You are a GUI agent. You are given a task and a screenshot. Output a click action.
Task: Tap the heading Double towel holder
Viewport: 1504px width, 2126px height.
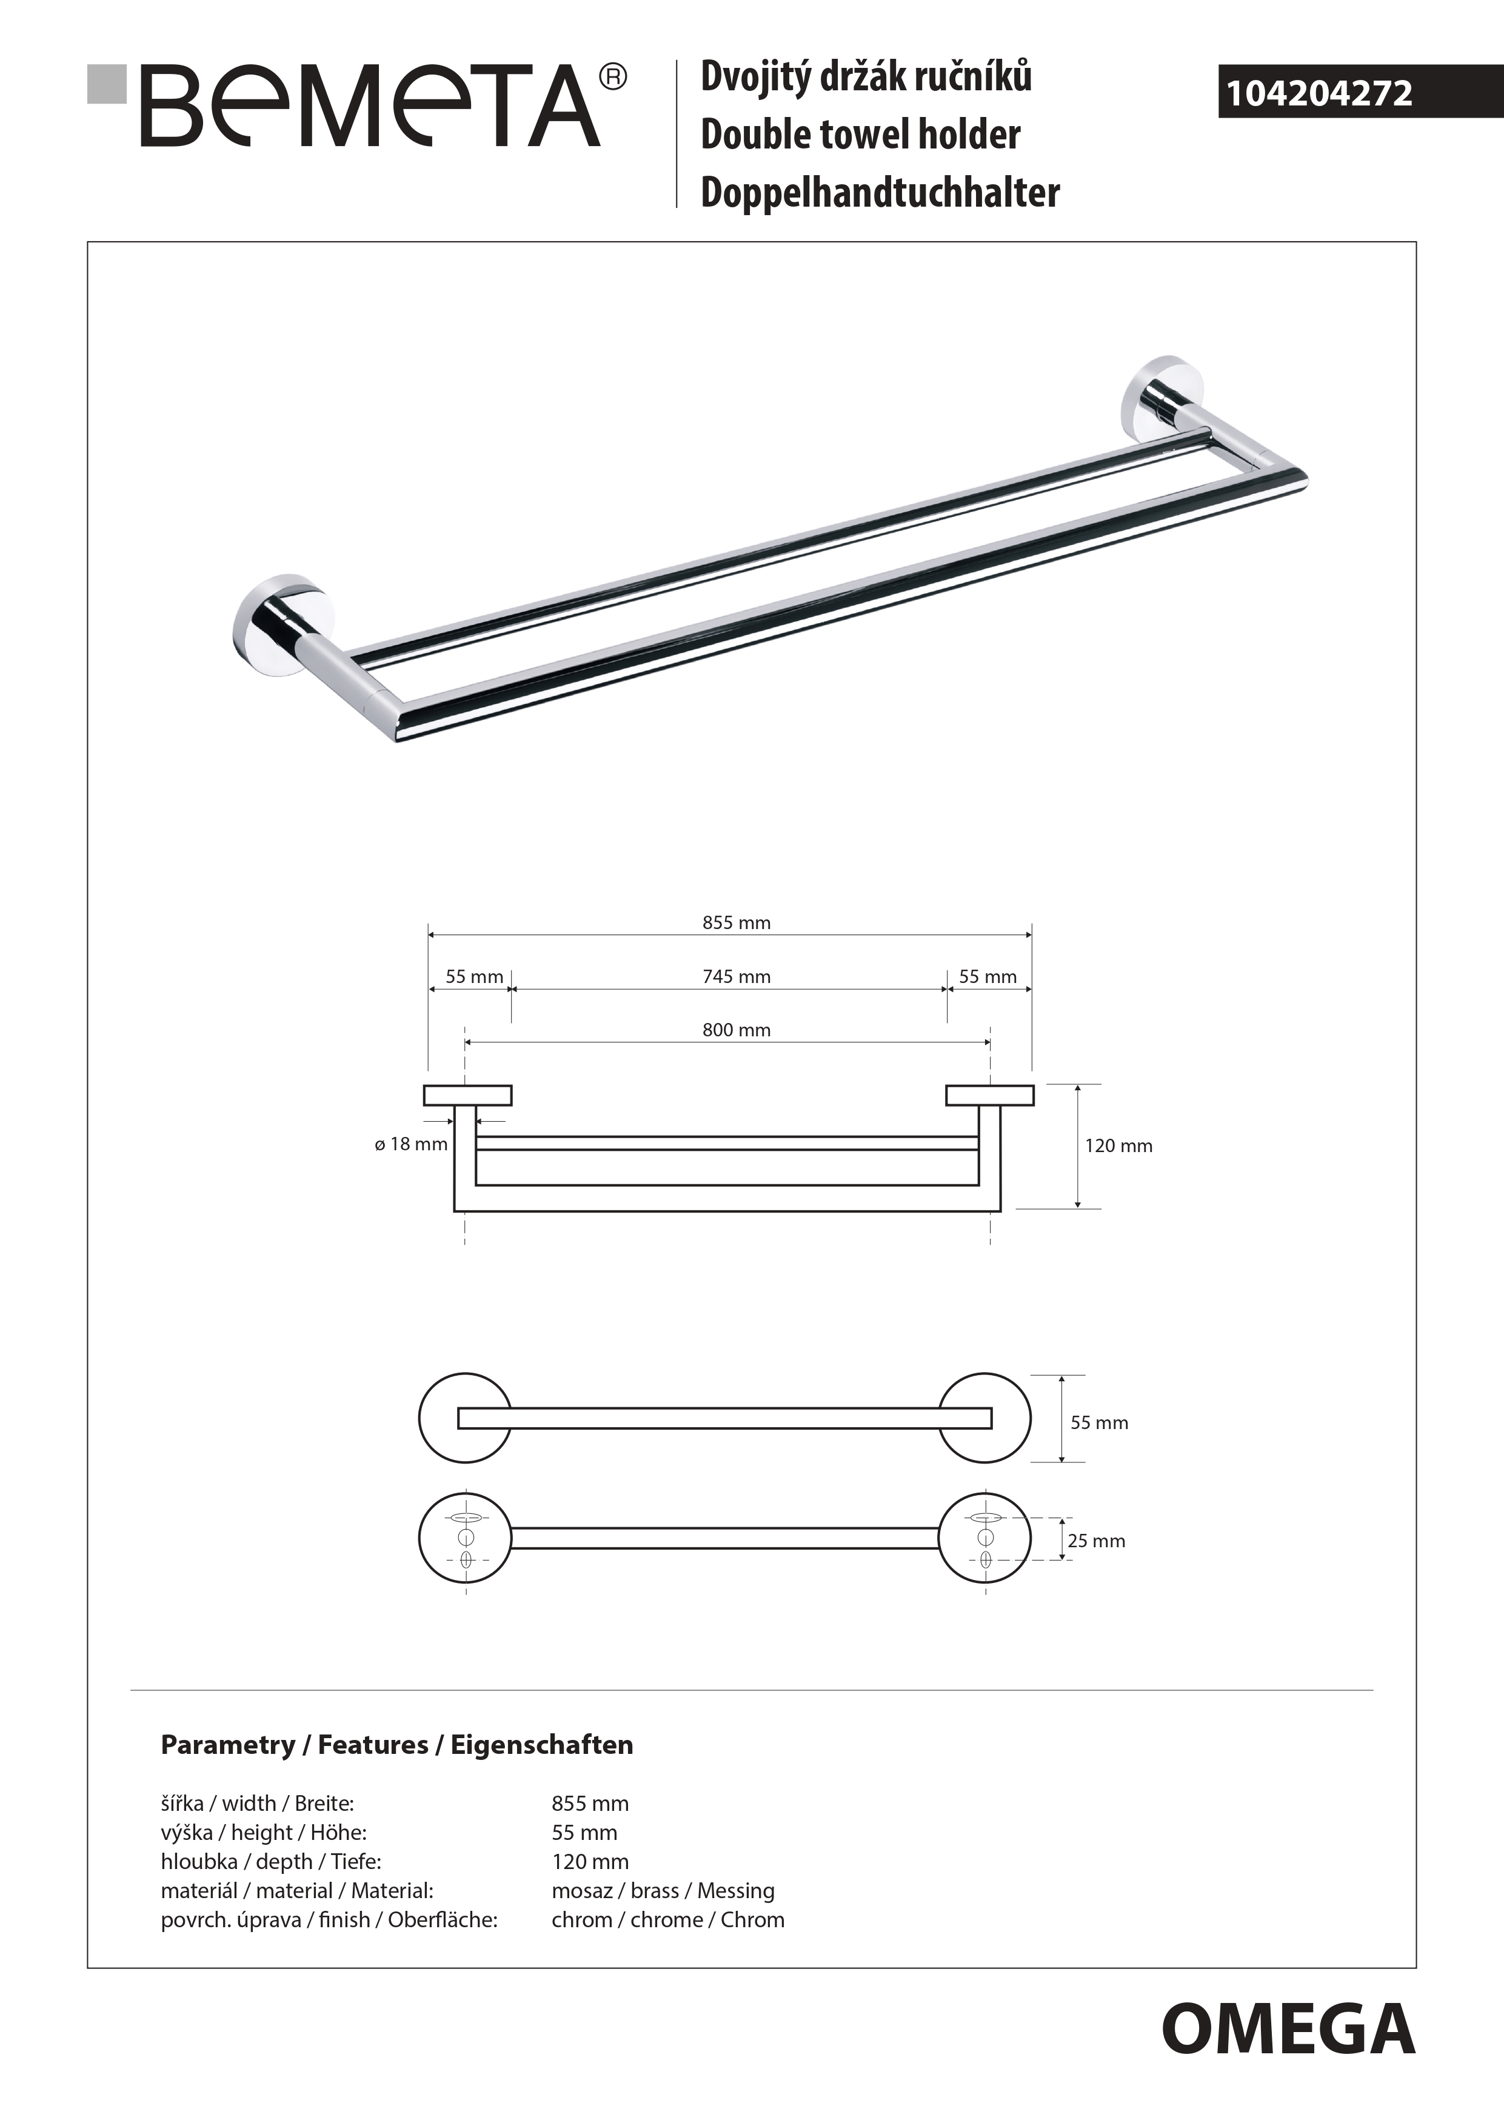pos(860,135)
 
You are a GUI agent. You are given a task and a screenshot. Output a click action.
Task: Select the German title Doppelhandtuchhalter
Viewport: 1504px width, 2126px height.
pos(880,193)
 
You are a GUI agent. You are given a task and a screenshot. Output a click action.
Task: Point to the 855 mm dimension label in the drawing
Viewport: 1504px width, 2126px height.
pos(737,922)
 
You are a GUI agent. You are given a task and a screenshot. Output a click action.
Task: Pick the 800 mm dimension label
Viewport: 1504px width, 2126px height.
pos(737,1030)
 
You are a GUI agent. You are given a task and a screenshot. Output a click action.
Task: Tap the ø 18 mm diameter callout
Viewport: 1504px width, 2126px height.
pos(411,1144)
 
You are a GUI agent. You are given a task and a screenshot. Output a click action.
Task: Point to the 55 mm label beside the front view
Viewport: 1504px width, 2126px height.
pos(1099,1422)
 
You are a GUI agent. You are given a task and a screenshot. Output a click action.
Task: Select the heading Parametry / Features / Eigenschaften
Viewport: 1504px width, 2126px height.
pos(397,1745)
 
